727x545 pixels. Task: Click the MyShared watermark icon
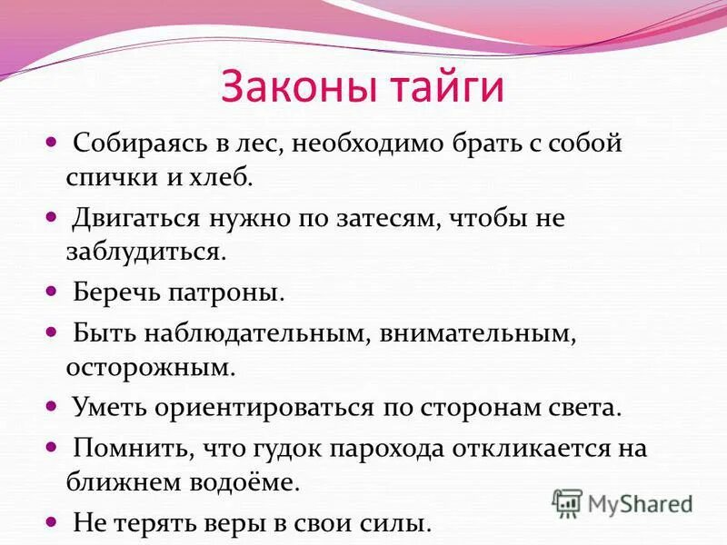[567, 502]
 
